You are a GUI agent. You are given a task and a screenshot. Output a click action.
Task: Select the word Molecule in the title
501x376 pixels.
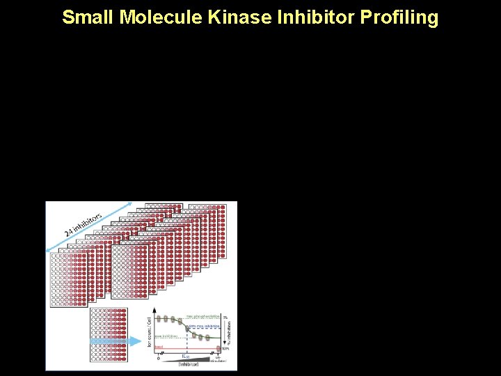click(x=161, y=17)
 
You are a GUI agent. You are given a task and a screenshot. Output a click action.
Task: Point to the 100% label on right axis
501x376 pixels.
click(x=225, y=347)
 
